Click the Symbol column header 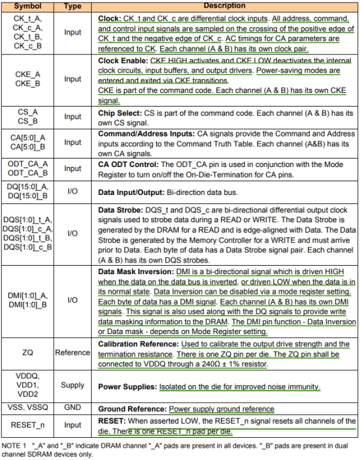[27, 5]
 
